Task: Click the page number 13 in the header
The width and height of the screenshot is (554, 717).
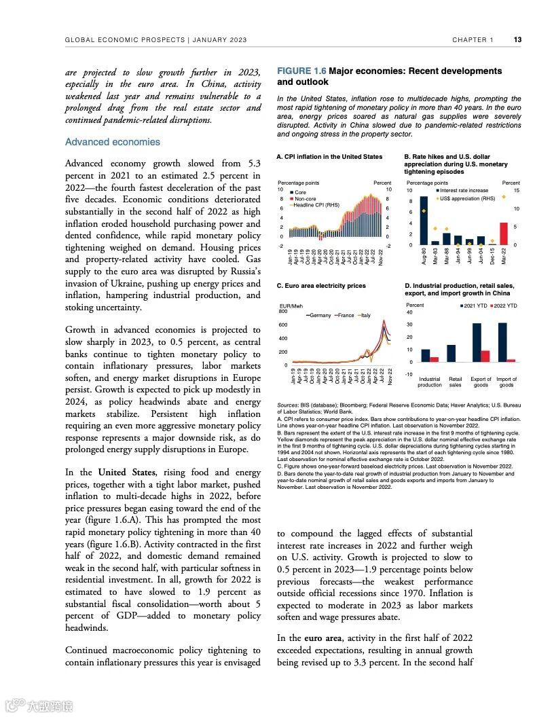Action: (x=517, y=39)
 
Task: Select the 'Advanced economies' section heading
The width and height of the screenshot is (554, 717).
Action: (x=113, y=142)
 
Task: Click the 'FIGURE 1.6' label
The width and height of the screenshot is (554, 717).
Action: (x=301, y=71)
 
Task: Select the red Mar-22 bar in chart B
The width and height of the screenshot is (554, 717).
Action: (x=503, y=233)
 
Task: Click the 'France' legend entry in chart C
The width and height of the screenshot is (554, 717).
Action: (x=345, y=315)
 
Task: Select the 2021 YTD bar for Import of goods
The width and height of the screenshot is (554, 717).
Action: (x=502, y=342)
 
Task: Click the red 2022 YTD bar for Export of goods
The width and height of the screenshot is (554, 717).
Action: (x=485, y=356)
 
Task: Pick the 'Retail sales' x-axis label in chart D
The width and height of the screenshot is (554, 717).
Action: (x=456, y=382)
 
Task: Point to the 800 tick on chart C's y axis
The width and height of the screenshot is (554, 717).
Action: (x=283, y=312)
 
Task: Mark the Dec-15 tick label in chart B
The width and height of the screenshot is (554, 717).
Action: (x=492, y=257)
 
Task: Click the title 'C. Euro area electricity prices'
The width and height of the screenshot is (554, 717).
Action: (x=321, y=286)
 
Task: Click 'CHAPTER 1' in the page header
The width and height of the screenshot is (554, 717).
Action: (x=473, y=39)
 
